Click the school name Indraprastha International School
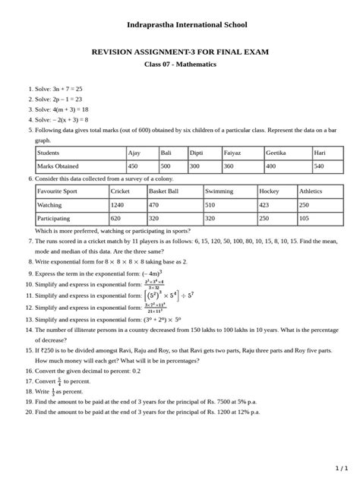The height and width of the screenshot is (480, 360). [180, 25]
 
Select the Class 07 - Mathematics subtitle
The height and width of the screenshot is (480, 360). [180, 65]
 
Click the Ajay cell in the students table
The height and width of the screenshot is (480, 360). [134, 153]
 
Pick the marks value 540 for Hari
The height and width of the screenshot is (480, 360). [320, 166]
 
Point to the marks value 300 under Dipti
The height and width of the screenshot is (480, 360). [195, 166]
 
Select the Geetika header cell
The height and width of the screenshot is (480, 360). [276, 153]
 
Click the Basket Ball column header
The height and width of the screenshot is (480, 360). [164, 191]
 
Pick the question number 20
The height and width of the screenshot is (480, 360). [28, 412]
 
